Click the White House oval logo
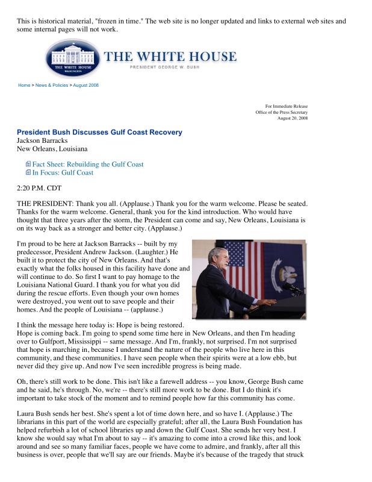tap(72, 59)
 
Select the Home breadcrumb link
tap(24, 85)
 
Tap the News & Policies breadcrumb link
tap(51, 85)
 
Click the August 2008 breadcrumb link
tap(85, 85)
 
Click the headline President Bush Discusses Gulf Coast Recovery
tap(99, 132)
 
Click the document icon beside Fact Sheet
tap(28, 164)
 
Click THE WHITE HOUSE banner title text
tap(170, 57)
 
